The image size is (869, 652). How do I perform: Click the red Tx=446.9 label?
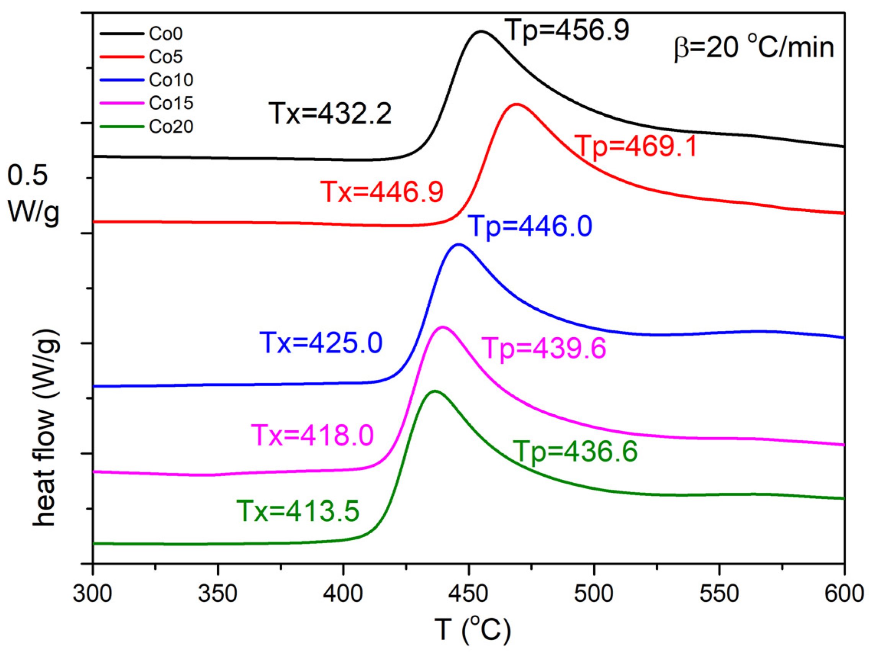tap(382, 192)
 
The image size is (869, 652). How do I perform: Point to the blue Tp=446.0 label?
tap(531, 226)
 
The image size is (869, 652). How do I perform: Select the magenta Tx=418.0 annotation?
tap(312, 435)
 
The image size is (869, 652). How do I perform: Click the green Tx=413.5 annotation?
tap(298, 511)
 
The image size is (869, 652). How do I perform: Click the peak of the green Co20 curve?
tap(434, 391)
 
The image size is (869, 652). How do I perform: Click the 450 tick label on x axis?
tap(468, 593)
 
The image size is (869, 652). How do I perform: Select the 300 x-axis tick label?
tap(93, 593)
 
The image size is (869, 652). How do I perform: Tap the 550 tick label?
tap(719, 593)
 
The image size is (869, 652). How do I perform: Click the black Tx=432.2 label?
tap(330, 114)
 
